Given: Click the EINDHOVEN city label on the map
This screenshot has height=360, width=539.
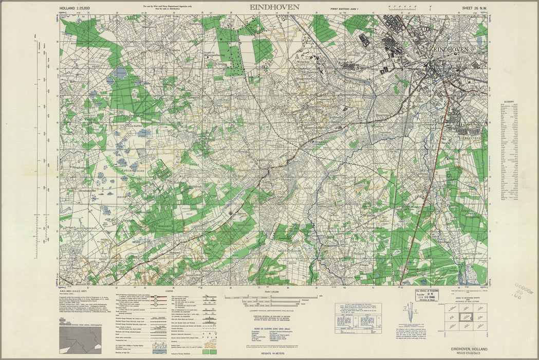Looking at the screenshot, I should click(450, 49).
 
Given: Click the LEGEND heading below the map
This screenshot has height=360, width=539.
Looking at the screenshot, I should click(170, 291).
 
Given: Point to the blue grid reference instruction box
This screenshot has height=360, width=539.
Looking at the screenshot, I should click(358, 311).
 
